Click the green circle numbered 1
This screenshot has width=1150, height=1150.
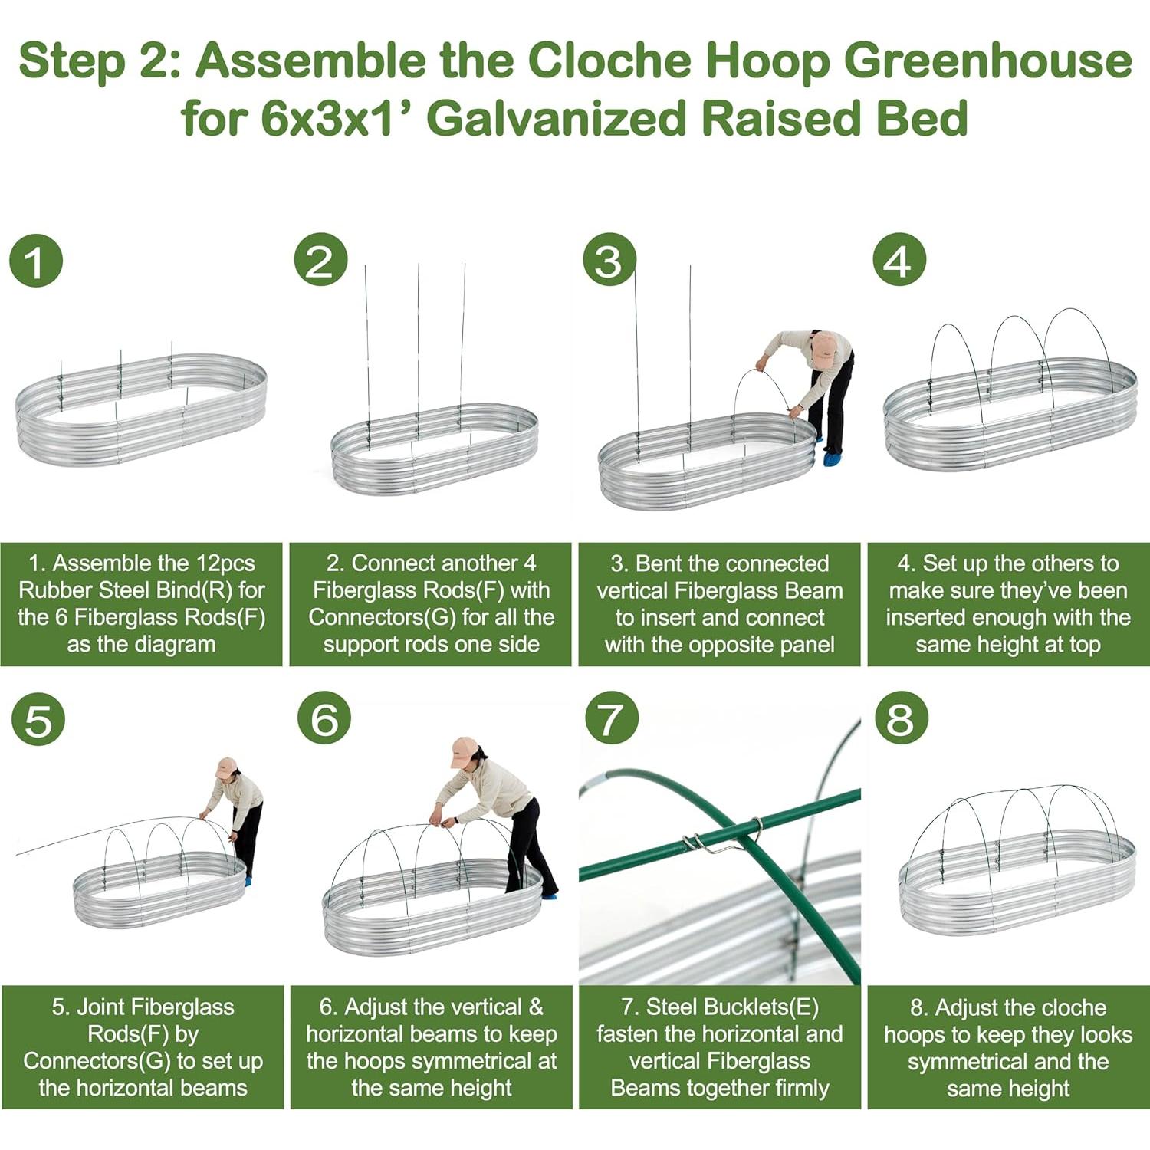coord(36,261)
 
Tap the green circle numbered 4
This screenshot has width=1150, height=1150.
coord(899,261)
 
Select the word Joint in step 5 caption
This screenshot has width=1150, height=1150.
coord(101,1007)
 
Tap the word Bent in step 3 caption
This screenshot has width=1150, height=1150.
coord(659,563)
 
